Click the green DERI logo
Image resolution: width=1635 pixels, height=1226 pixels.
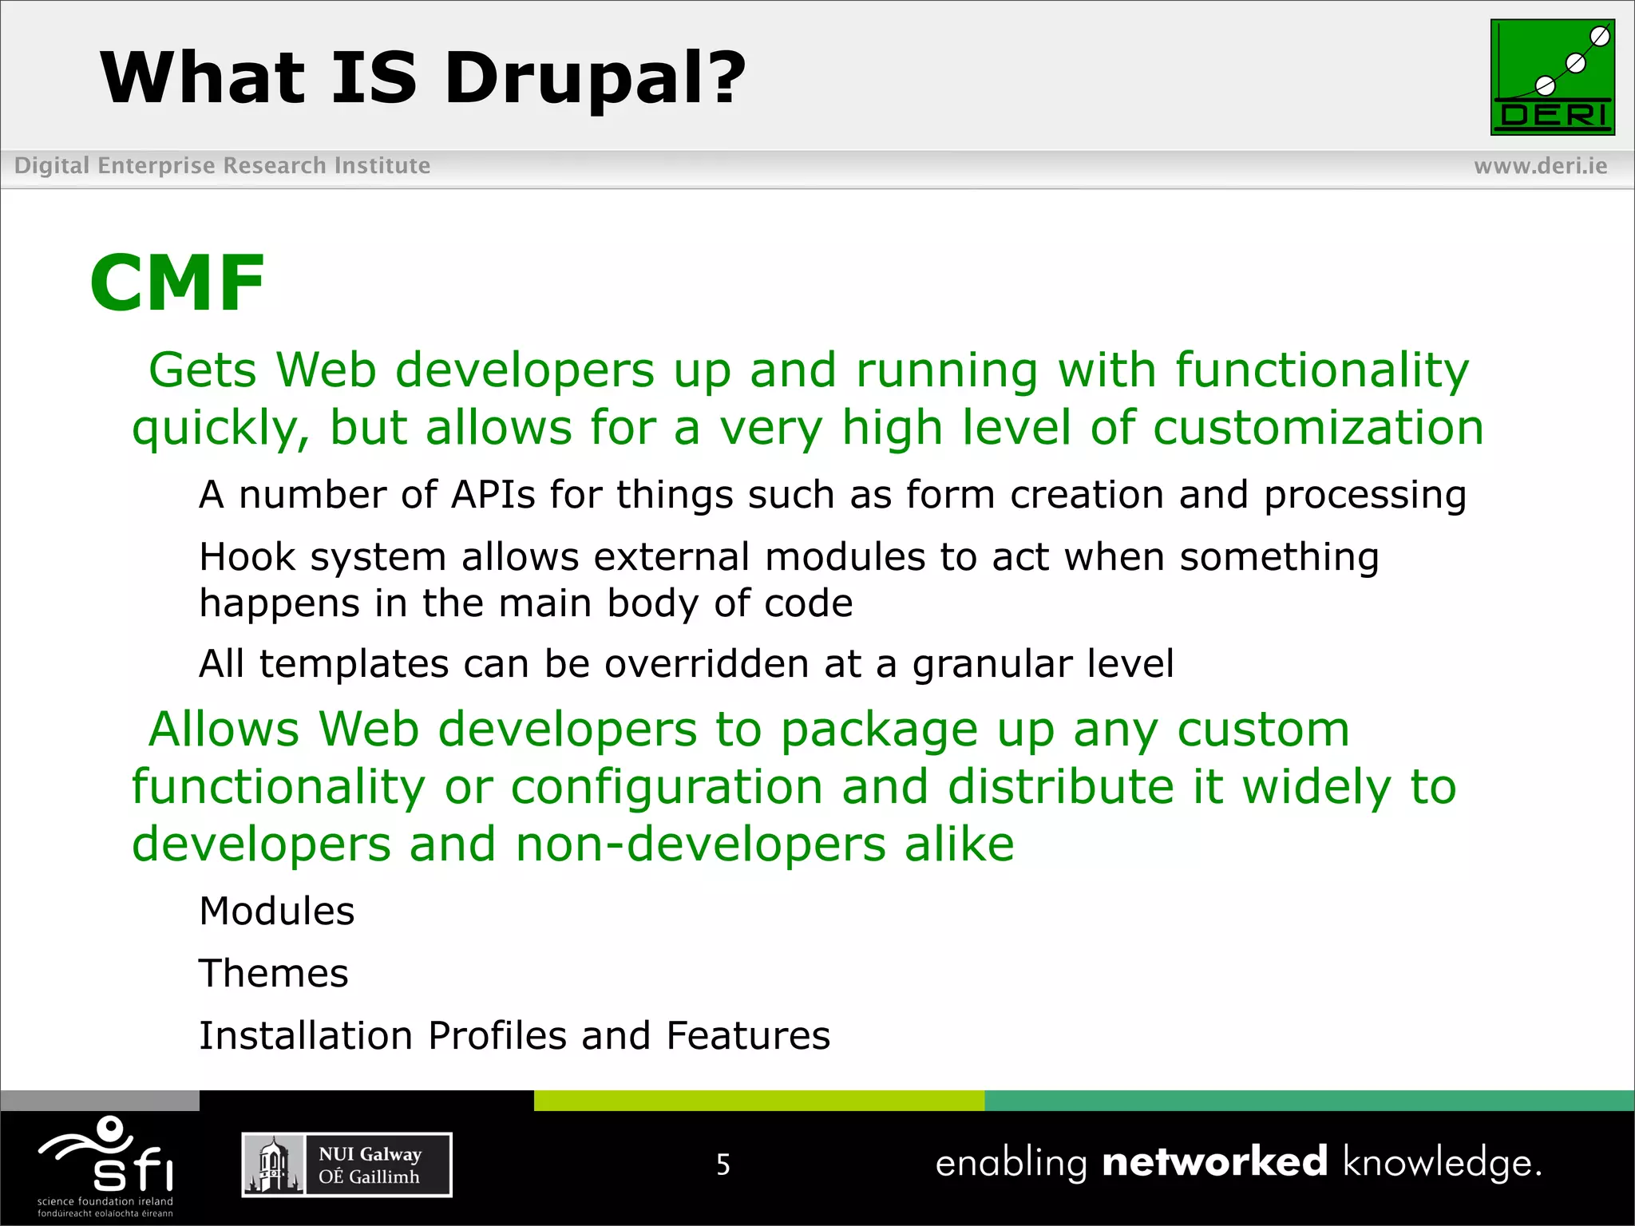click(x=1552, y=77)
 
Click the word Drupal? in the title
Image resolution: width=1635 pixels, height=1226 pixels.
click(x=595, y=78)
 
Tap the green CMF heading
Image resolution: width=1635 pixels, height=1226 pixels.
click(x=177, y=283)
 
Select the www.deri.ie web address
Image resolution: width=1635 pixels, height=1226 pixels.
click(x=1540, y=166)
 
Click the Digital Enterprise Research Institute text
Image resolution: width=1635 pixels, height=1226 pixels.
click(x=222, y=166)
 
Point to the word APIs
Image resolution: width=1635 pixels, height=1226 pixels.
click(x=493, y=495)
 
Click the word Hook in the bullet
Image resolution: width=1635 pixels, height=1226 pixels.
click(x=247, y=557)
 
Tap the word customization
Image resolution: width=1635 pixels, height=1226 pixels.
click(x=1318, y=428)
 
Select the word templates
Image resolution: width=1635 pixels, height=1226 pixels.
click(x=354, y=664)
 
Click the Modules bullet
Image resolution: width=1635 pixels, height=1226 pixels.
click(x=276, y=912)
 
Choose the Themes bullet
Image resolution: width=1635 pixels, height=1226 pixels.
click(x=273, y=974)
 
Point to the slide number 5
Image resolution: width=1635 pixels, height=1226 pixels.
click(x=722, y=1165)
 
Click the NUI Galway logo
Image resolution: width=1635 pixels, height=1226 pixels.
click(x=346, y=1165)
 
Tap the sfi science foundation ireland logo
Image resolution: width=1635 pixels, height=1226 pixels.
click(x=105, y=1165)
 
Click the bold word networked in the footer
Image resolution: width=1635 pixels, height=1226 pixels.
click(x=1214, y=1161)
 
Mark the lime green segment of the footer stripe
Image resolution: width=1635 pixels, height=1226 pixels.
click(x=758, y=1101)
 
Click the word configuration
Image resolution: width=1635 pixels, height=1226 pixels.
click(x=667, y=787)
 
